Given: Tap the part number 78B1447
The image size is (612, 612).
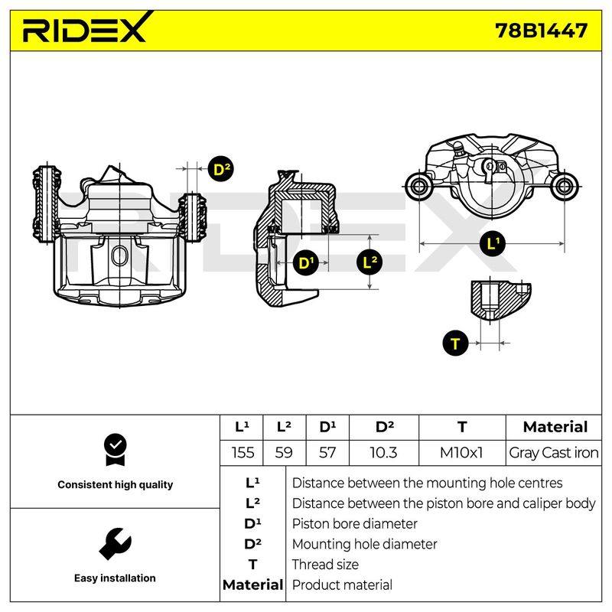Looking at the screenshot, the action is point(542,31).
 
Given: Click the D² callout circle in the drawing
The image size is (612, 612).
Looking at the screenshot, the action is point(221,169).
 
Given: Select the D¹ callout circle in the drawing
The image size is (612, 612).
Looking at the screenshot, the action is point(305,262).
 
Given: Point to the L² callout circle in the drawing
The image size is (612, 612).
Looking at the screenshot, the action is point(369,262).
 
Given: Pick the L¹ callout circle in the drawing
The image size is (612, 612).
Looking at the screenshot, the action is point(493,244).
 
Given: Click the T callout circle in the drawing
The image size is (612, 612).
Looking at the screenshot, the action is point(455,343).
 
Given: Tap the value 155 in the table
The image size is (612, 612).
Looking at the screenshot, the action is point(243,453).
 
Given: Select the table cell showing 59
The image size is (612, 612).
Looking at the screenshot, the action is point(284,453).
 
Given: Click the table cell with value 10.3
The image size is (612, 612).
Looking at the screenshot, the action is point(383,453).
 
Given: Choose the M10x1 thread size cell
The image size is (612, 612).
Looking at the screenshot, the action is point(461,453).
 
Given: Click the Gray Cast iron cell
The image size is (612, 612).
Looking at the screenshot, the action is point(553,453).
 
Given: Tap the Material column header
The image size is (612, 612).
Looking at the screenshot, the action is point(555,427).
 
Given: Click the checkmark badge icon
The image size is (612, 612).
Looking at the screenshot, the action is point(116,450).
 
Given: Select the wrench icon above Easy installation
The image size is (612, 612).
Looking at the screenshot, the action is point(116,544).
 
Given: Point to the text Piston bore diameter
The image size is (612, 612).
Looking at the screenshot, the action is point(354,524).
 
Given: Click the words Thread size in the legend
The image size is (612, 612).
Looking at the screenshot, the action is point(325,565).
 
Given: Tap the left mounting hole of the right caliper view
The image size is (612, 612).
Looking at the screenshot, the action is point(418,186).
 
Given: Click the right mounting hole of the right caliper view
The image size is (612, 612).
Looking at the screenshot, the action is point(565,186).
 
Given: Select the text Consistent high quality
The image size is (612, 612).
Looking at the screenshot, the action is point(116,485).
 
